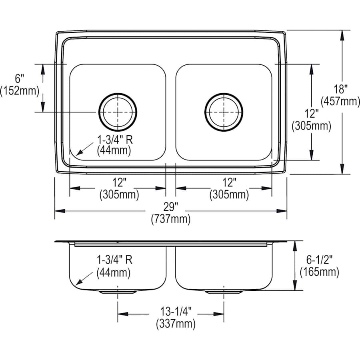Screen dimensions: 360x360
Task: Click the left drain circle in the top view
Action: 118,112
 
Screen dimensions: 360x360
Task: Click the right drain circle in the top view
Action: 224,112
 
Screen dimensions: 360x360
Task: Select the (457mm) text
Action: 342,102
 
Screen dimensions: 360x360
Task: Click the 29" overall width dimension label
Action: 171,207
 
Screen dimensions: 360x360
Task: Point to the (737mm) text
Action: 171,219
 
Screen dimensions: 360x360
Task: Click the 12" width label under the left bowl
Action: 119,183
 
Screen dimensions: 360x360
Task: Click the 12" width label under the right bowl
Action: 229,183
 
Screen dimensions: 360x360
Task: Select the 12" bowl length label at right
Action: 311,114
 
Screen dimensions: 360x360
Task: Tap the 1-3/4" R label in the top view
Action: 114,139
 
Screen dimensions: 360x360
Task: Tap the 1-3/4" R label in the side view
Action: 114,260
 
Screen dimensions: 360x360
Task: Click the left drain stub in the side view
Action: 118,292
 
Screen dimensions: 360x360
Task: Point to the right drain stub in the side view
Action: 224,292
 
